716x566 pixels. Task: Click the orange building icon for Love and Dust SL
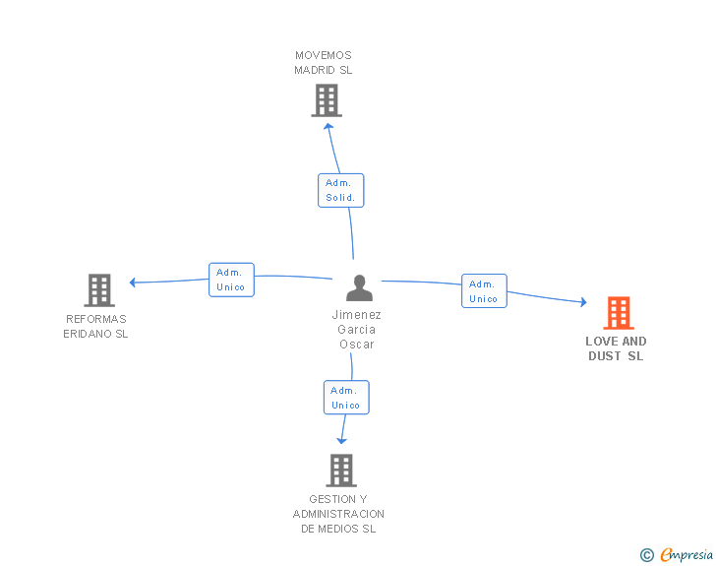tap(619, 313)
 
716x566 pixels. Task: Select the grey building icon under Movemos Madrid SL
tap(327, 100)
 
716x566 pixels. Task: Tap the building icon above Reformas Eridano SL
tap(99, 289)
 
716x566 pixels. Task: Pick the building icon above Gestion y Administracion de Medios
tap(341, 471)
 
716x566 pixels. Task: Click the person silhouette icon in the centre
tap(359, 287)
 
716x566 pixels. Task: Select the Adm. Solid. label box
tap(340, 190)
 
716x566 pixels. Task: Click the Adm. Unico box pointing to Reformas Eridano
tap(231, 280)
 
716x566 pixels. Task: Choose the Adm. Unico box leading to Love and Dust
tap(484, 290)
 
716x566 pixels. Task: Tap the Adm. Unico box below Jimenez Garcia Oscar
tap(346, 398)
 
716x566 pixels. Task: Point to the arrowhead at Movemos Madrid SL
tap(328, 126)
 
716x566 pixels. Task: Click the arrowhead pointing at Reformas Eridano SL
tap(133, 283)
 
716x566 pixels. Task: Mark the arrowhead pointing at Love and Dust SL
tap(583, 302)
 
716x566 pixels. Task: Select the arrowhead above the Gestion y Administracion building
tap(341, 441)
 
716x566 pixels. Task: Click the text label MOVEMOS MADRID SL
tap(324, 63)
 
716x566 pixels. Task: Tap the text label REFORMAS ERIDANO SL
tap(96, 327)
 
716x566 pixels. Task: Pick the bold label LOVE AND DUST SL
tap(616, 348)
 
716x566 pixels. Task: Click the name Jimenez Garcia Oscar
tap(357, 329)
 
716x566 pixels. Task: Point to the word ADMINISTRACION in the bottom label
tap(338, 514)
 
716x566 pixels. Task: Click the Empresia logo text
tap(686, 554)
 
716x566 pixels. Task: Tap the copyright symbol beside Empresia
tap(647, 555)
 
